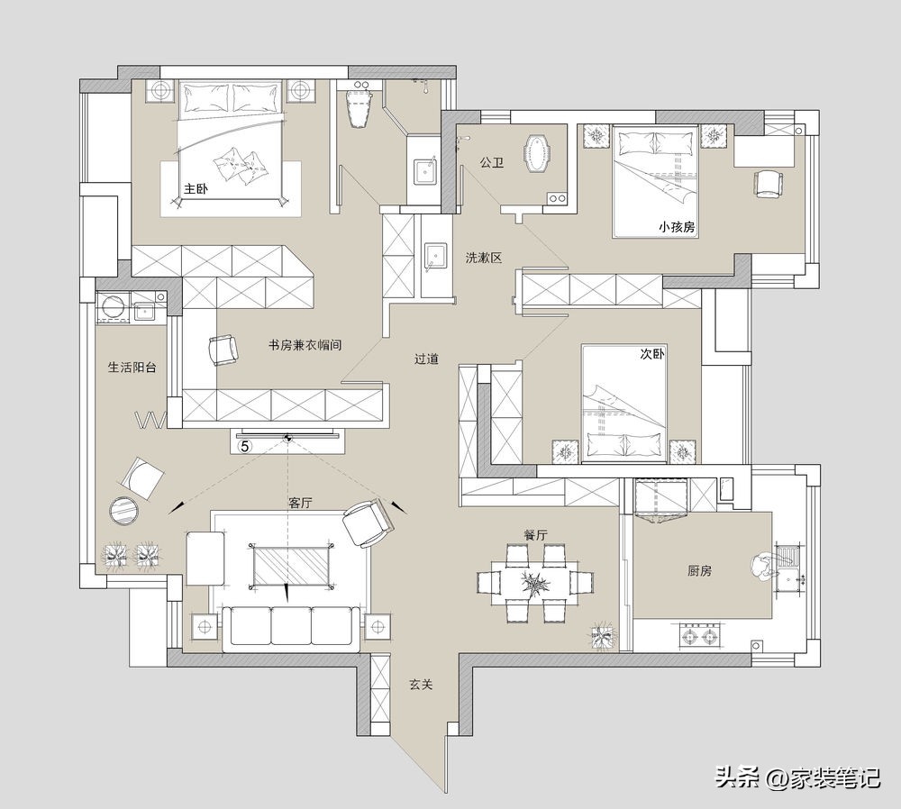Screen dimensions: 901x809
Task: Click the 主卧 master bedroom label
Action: (196, 188)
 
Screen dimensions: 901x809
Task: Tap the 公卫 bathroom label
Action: (492, 162)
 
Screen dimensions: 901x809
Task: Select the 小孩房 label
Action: (677, 227)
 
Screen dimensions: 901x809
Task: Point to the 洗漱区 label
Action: (484, 258)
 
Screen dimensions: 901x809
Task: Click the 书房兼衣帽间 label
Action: (305, 345)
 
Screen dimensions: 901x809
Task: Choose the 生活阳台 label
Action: (132, 368)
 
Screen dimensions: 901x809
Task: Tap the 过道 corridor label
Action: (427, 359)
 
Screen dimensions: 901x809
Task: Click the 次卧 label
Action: (652, 354)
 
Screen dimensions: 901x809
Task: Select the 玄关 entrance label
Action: (421, 685)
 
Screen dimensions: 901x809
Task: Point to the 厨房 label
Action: (699, 570)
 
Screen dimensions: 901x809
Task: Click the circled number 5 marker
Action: (245, 446)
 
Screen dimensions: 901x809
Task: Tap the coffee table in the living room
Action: (291, 565)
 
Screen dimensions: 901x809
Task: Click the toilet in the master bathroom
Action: (360, 109)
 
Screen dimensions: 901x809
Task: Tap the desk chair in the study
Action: (223, 350)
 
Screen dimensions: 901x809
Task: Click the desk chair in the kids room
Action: (769, 183)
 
